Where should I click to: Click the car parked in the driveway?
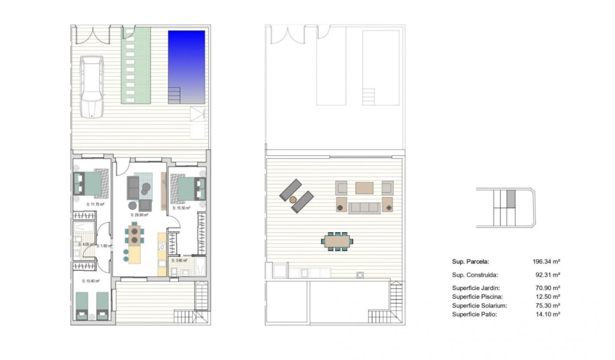tap(92, 86)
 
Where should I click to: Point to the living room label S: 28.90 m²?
tap(140, 215)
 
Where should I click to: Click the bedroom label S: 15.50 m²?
tap(181, 208)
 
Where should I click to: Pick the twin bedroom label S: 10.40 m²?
tap(91, 281)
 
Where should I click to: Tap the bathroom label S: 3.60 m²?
tap(179, 260)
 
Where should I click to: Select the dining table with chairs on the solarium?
tap(337, 241)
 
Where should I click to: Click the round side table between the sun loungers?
tap(293, 199)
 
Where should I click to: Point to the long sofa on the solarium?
tap(364, 207)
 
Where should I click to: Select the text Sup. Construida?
tap(475, 275)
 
